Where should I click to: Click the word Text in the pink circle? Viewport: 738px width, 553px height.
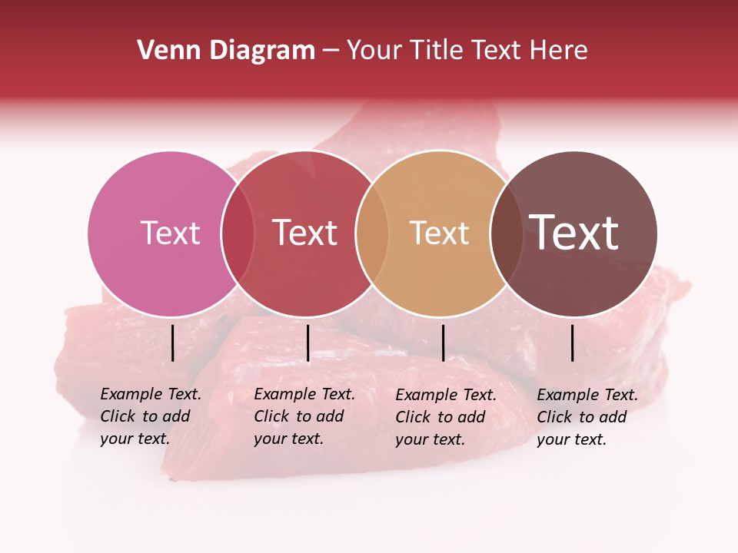[170, 233]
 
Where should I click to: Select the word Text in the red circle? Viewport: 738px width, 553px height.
[305, 233]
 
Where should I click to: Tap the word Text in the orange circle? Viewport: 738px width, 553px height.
[439, 233]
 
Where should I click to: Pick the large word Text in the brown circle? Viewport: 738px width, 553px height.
[574, 233]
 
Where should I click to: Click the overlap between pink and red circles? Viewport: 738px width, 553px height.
[238, 233]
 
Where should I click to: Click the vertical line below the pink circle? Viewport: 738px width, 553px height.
[172, 343]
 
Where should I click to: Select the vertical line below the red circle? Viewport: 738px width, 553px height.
[307, 343]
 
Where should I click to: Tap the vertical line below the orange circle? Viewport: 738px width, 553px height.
[443, 343]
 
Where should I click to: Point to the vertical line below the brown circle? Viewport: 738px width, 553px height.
[573, 343]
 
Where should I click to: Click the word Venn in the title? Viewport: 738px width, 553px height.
[160, 51]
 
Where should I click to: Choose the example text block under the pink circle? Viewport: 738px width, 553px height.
[151, 416]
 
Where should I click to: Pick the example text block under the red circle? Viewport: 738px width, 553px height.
[304, 416]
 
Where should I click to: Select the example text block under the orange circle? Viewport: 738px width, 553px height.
[446, 416]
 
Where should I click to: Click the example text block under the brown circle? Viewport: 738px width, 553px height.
[587, 416]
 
